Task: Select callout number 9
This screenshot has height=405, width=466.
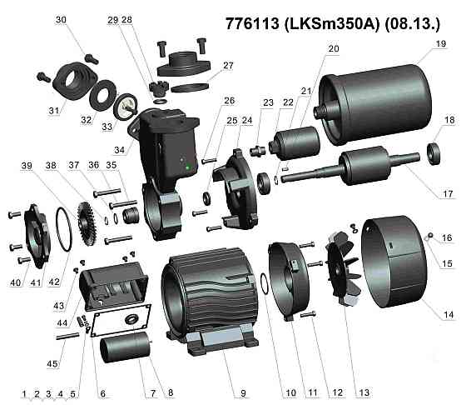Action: pos(244,392)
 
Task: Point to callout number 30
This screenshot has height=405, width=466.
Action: pos(61,19)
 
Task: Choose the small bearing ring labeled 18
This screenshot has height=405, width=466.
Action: pos(434,152)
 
